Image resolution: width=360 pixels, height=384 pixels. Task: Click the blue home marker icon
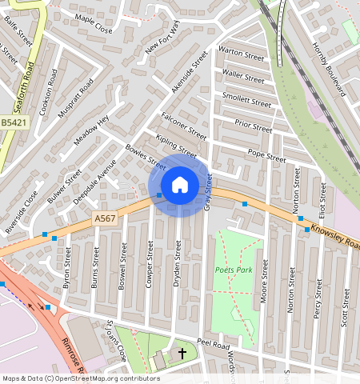pyautogui.click(x=180, y=185)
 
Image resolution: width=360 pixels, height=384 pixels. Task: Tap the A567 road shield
pyautogui.click(x=105, y=218)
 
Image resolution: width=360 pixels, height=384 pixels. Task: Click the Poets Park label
pyautogui.click(x=234, y=270)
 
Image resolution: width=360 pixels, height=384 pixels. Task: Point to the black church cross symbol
pyautogui.click(x=182, y=353)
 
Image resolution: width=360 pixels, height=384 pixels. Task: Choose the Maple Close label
pyautogui.click(x=93, y=28)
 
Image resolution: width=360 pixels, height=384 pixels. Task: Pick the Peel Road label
pyautogui.click(x=214, y=344)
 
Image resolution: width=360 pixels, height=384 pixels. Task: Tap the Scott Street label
pyautogui.click(x=346, y=308)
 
